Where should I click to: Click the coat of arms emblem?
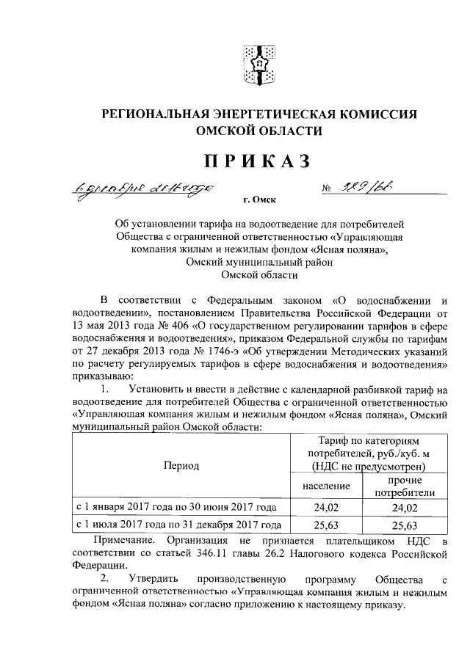pyautogui.click(x=258, y=64)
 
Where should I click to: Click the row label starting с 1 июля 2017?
pyautogui.click(x=179, y=525)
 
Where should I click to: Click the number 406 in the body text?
pyautogui.click(x=185, y=326)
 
